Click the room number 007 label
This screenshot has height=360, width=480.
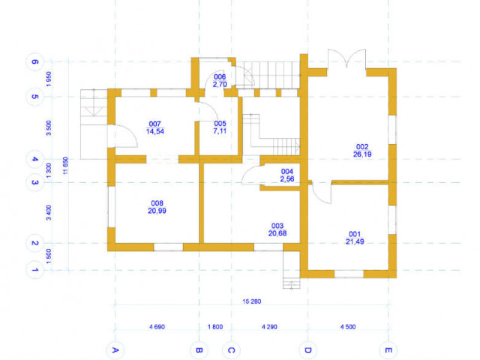(155, 124)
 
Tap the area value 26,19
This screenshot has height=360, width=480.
(362, 154)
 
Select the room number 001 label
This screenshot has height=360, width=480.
(355, 234)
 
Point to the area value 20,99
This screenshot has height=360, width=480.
(157, 211)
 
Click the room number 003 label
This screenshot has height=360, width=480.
(277, 226)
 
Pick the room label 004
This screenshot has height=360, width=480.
(287, 172)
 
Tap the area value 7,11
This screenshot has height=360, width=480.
(220, 131)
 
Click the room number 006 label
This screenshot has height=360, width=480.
(220, 76)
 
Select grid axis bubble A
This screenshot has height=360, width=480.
(115, 350)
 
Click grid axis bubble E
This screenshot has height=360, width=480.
(388, 350)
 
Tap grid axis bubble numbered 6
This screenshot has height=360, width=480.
(34, 61)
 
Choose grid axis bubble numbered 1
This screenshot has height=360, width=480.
(34, 270)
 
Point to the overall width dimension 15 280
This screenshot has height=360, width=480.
(252, 301)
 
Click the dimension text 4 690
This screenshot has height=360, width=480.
(157, 327)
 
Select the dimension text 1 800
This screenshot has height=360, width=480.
(215, 327)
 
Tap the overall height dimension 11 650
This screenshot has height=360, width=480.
(65, 166)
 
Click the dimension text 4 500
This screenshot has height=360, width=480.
(348, 327)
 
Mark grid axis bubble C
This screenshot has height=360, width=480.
(231, 350)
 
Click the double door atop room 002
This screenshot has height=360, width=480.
(346, 61)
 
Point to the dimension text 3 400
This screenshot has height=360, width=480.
(49, 213)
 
